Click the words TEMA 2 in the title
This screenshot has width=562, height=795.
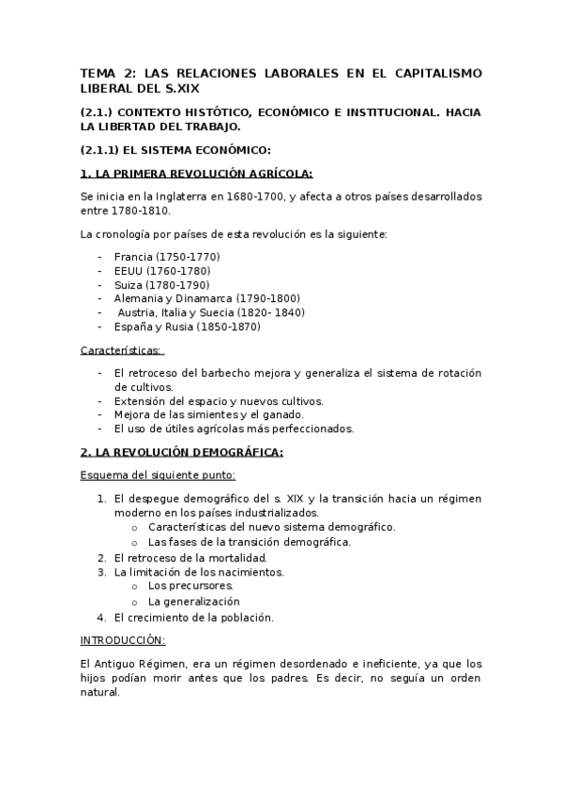tap(108, 72)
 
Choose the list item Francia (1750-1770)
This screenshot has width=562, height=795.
tap(167, 257)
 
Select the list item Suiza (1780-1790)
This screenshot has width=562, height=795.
tap(161, 285)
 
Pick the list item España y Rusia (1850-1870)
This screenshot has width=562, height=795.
tap(187, 327)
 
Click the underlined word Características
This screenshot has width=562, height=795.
tap(121, 351)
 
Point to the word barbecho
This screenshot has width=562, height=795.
tap(225, 373)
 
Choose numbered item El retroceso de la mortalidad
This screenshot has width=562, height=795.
tap(190, 558)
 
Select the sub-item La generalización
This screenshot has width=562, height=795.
tap(193, 601)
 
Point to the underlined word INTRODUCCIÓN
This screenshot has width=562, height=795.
tap(122, 639)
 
